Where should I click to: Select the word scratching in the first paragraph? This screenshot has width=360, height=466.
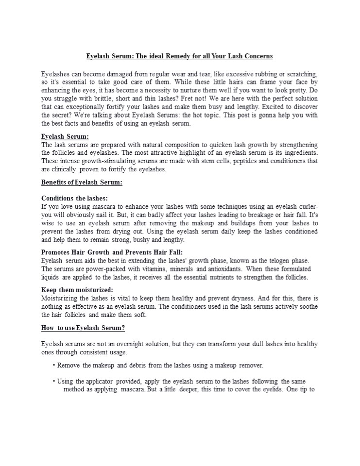click(300, 74)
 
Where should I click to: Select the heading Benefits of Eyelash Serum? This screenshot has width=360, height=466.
click(82, 183)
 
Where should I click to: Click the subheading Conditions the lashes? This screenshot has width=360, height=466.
click(74, 198)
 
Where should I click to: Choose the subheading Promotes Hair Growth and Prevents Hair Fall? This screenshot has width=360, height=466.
click(112, 252)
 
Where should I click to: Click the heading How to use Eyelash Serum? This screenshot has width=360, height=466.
click(83, 328)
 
